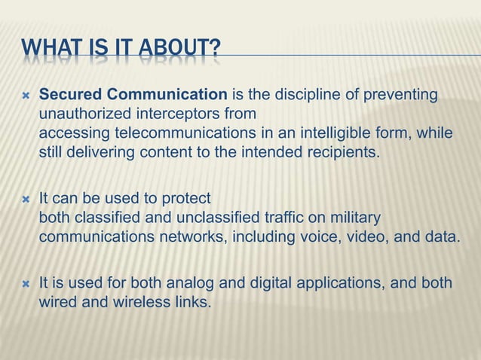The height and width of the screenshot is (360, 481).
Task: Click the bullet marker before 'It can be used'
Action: click(x=25, y=200)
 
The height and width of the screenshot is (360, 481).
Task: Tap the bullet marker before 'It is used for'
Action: click(x=25, y=285)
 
